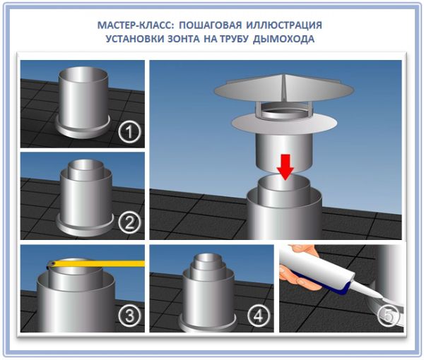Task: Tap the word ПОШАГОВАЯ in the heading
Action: pyautogui.click(x=211, y=25)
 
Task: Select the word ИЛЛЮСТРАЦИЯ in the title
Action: pyautogui.click(x=284, y=25)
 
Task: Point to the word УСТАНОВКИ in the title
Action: pyautogui.click(x=135, y=39)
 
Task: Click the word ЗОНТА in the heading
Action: pyautogui.click(x=184, y=39)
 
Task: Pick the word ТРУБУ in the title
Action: pyautogui.click(x=234, y=39)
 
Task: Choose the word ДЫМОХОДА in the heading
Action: pyautogui.click(x=283, y=39)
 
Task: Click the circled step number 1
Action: pyautogui.click(x=129, y=132)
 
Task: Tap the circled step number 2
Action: pyautogui.click(x=129, y=223)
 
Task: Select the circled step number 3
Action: pyautogui.click(x=129, y=315)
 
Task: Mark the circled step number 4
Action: pyautogui.click(x=259, y=315)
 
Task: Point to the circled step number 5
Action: pyautogui.click(x=389, y=315)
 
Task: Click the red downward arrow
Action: pyautogui.click(x=285, y=167)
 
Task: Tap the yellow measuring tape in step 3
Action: pyautogui.click(x=96, y=263)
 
